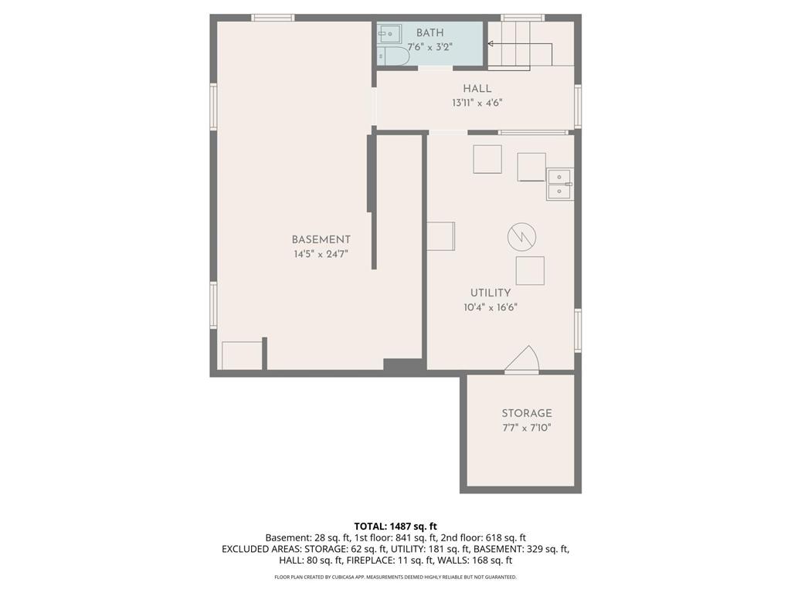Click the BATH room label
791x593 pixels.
(429, 33)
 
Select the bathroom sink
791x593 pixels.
(389, 34)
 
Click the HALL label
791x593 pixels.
(477, 89)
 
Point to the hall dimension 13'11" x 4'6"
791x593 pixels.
(477, 103)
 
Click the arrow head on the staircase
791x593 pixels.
(491, 44)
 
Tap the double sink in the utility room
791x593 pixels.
(560, 184)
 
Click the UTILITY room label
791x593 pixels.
(491, 293)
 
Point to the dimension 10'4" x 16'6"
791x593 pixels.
(491, 307)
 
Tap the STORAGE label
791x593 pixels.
(527, 414)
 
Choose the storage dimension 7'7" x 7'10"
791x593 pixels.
(527, 428)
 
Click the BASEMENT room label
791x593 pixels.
(321, 239)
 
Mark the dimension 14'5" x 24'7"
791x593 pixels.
(321, 254)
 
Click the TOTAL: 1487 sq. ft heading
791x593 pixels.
(395, 527)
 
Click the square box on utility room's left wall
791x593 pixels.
(441, 236)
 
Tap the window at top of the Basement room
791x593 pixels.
(273, 18)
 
